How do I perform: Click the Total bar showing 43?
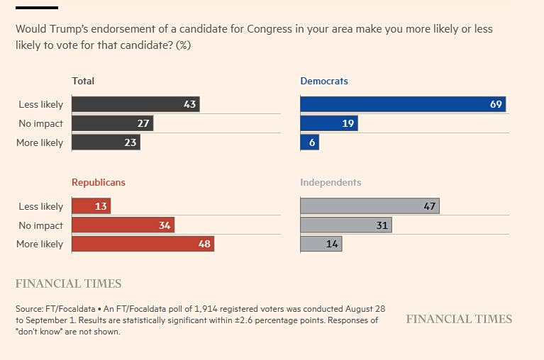[x=135, y=104]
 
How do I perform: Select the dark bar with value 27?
[x=112, y=123]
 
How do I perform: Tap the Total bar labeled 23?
[x=106, y=142]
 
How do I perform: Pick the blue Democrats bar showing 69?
[x=403, y=104]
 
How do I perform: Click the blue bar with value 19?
[x=329, y=123]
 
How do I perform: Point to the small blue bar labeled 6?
[x=310, y=142]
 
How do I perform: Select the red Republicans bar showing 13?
[x=91, y=206]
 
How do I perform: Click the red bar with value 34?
[x=123, y=225]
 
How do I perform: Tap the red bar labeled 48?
[x=143, y=244]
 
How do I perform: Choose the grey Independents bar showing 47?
[x=370, y=206]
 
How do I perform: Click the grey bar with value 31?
[x=346, y=225]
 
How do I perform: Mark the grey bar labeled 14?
[x=321, y=244]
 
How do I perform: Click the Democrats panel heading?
[x=324, y=81]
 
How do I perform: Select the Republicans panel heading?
[x=99, y=183]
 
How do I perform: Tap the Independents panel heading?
[x=331, y=183]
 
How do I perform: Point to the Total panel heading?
[x=83, y=81]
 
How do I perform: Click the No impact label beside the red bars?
[x=41, y=225]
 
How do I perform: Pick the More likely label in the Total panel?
[x=40, y=142]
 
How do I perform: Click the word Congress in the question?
[x=270, y=29]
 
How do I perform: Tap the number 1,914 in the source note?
[x=206, y=309]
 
